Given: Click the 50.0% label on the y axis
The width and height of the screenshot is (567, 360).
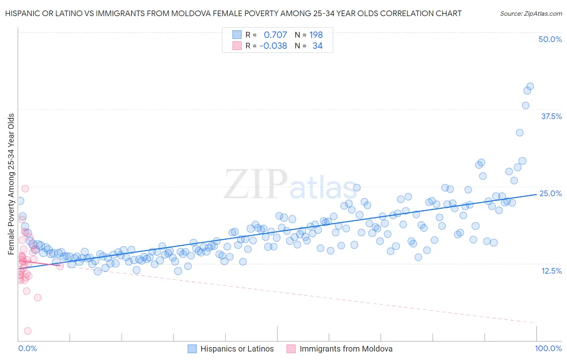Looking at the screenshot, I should [550, 39].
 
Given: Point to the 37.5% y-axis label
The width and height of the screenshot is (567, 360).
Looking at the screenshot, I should [551, 116].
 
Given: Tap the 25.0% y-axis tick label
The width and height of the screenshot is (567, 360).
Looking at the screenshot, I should [550, 193].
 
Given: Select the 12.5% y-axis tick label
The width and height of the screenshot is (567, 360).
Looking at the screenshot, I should [551, 271].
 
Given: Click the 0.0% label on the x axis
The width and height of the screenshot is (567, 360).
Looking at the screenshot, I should [28, 349].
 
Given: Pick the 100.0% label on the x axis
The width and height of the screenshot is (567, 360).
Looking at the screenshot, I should [548, 349].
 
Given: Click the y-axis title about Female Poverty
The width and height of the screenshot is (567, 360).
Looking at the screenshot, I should [11, 184].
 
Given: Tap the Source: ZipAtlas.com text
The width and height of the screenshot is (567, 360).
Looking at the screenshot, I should [531, 13].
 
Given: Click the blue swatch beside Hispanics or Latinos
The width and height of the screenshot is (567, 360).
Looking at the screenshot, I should [192, 349].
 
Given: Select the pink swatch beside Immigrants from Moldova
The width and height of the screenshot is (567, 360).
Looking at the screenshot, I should [291, 349].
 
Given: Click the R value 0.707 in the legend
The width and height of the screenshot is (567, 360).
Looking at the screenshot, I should [275, 35].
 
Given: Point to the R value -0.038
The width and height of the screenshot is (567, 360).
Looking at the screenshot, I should [273, 46].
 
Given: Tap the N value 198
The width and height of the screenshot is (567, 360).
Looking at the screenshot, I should [316, 35].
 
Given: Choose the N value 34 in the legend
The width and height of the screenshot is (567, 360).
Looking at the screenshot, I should [317, 46].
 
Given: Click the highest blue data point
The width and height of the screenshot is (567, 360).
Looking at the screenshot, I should [530, 86].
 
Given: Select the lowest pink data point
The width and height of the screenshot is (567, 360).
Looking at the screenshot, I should [28, 331].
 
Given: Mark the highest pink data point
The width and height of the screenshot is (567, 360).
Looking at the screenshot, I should [25, 188].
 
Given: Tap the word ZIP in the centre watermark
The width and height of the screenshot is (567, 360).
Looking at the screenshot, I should [256, 185].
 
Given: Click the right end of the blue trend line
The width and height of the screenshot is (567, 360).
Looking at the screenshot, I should [537, 194].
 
